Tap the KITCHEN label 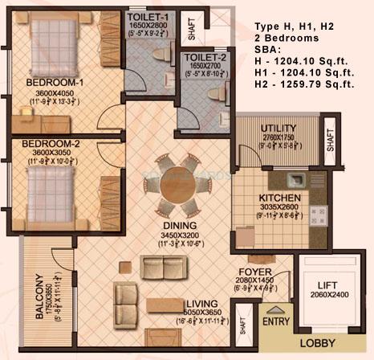280,198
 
